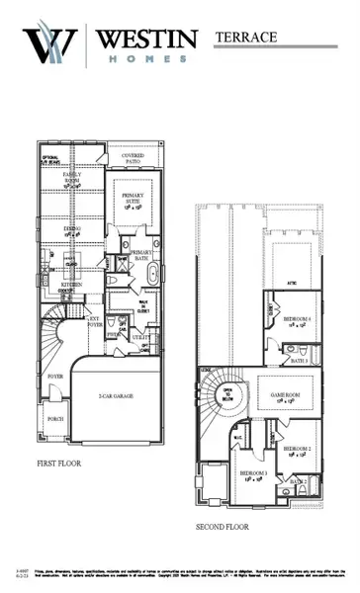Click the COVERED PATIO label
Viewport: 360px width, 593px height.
(139, 159)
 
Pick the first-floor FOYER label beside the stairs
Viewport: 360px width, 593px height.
(55, 377)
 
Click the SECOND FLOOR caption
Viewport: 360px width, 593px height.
(223, 526)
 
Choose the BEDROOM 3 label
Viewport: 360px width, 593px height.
(253, 472)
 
